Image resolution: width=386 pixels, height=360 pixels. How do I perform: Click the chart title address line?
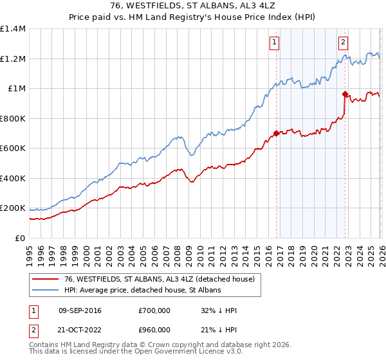coord(193,6)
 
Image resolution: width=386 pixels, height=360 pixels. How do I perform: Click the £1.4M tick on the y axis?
coord(13,29)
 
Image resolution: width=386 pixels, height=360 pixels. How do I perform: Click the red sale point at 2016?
coord(277,134)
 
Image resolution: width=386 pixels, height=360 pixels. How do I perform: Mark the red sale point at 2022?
coord(345,94)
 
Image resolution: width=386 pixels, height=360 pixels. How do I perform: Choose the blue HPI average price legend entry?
coord(142,291)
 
